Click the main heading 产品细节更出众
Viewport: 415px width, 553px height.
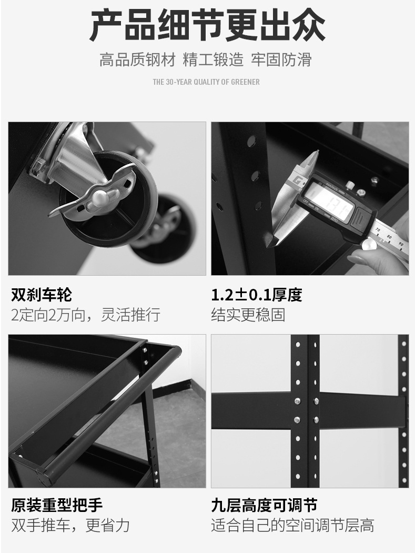coord(207,26)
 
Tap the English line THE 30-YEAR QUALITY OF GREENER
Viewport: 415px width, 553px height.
coord(206,82)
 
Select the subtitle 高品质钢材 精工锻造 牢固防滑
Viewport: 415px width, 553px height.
coord(206,59)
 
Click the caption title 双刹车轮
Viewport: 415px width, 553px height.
coord(41,295)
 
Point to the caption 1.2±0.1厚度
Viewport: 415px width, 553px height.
coord(257,295)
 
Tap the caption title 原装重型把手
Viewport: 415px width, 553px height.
coord(57,505)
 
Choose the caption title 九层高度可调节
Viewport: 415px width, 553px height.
coord(264,505)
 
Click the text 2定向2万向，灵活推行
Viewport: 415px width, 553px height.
coord(86,314)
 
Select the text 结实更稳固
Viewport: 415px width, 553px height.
coord(248,315)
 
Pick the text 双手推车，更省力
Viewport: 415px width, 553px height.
coord(70,525)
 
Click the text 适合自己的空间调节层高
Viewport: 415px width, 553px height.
coord(292,525)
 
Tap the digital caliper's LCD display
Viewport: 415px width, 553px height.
coord(328,202)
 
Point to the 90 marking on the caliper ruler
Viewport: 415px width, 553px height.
coord(401,244)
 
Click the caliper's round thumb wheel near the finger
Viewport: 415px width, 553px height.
coord(369,244)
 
